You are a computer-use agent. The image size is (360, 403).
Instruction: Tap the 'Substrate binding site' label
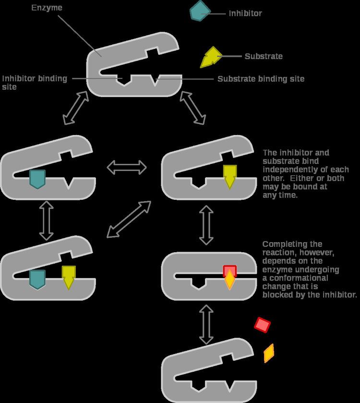[x=261, y=79]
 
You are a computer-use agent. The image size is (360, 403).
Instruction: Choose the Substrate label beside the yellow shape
[x=264, y=56]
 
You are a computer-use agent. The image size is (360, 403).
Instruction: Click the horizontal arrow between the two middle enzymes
[x=127, y=167]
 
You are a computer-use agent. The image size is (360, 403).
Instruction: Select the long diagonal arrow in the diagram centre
[x=129, y=219]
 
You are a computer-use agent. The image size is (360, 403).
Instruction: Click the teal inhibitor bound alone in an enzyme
[x=37, y=178]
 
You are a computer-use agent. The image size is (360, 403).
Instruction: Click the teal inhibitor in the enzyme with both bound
[x=37, y=279]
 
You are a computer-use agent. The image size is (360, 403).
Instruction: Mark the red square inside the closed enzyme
[x=230, y=271]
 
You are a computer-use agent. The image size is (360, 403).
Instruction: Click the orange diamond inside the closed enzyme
[x=230, y=281]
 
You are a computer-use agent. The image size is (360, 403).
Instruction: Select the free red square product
[x=263, y=325]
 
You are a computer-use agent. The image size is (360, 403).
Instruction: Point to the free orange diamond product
[x=269, y=353]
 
